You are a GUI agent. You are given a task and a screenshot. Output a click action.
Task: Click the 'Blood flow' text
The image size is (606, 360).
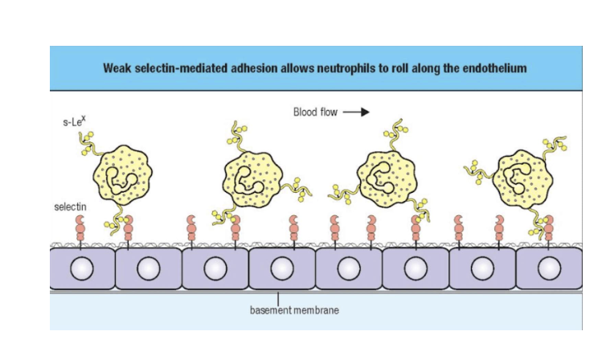point(316,112)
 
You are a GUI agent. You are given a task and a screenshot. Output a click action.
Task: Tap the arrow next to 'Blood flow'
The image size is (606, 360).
point(356,112)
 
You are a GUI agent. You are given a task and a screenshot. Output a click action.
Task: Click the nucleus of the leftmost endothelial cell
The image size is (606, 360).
point(83,268)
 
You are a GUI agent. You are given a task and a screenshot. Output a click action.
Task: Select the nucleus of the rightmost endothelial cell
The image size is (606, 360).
point(549,268)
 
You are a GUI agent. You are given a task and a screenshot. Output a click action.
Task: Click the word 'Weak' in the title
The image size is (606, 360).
point(117,67)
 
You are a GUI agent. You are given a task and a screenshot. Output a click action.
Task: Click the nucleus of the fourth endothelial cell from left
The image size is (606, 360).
point(282,268)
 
